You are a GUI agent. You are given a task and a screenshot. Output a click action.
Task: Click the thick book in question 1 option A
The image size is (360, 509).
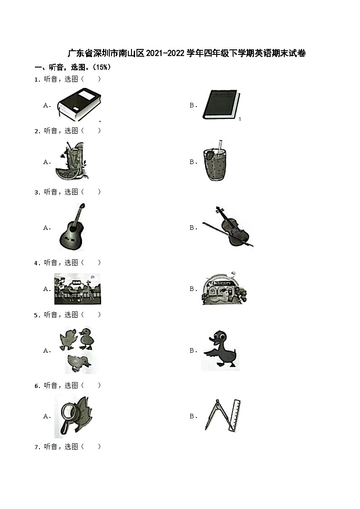pos(79,105)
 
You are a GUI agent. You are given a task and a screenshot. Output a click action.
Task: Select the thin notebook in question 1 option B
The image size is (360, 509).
pos(221,105)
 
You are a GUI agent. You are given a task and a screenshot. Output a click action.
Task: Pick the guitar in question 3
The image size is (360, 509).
pos(73,227)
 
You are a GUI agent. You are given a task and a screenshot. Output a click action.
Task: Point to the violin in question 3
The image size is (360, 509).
pos(229,227)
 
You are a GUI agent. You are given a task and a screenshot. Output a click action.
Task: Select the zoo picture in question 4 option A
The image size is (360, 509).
pos(78,289)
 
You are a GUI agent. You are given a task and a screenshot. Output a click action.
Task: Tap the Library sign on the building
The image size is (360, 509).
pos(222,283)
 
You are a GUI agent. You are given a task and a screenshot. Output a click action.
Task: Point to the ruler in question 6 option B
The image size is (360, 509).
pos(235,416)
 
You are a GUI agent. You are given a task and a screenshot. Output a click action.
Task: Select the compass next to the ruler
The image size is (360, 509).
pos(217,415)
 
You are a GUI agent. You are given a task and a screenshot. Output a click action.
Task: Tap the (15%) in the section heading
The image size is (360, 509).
pos(102,67)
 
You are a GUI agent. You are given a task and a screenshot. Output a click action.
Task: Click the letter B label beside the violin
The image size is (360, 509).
pos(193,228)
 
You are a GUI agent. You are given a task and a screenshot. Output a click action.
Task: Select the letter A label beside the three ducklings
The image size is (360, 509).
pos(47,350)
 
